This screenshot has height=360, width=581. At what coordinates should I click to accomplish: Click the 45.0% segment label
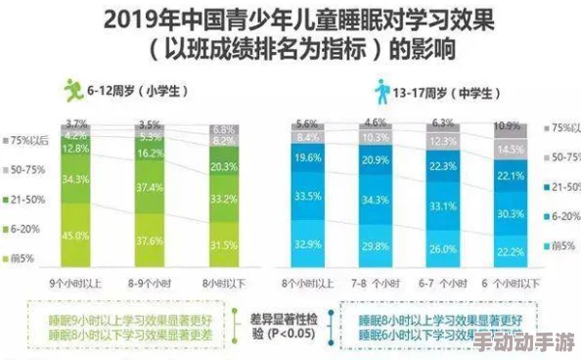click(75, 235)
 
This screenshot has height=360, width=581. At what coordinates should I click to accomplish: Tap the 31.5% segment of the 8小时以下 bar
click(223, 245)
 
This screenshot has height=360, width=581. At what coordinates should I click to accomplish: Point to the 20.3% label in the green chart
click(223, 166)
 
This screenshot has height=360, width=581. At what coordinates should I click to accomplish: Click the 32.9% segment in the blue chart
click(309, 244)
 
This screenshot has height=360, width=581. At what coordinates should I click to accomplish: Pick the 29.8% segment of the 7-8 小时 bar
click(376, 247)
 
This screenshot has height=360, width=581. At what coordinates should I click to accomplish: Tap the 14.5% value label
click(508, 149)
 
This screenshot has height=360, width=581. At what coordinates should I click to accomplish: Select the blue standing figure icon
click(381, 91)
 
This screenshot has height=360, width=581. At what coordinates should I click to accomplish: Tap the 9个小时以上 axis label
click(75, 283)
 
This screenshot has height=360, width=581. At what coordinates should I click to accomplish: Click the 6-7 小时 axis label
click(442, 283)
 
